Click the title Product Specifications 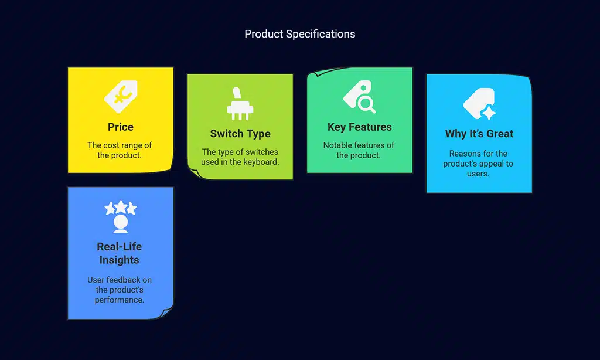[x=299, y=34]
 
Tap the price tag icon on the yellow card [x=121, y=97]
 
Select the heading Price [x=121, y=127]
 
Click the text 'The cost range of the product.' [x=120, y=150]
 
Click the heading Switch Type [x=240, y=134]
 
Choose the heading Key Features [x=360, y=127]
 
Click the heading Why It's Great [x=479, y=134]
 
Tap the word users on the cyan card [x=478, y=174]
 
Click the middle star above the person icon [x=121, y=207]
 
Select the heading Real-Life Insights [x=120, y=253]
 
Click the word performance [x=120, y=300]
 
